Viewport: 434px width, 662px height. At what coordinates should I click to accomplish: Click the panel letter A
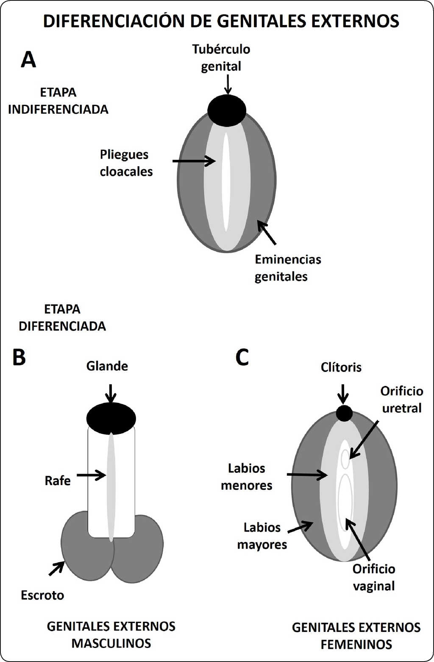[x=28, y=60]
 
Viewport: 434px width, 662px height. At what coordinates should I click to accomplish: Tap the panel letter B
[x=19, y=357]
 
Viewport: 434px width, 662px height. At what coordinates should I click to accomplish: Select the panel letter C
[x=242, y=357]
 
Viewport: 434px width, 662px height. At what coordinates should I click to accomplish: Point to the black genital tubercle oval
[x=227, y=110]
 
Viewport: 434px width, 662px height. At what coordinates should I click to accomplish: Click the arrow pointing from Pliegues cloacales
[x=194, y=161]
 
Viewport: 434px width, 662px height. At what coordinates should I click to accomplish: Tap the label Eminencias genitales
[x=287, y=268]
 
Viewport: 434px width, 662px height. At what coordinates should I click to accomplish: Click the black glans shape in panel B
[x=111, y=418]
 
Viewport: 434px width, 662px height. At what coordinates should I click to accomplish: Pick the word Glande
[x=107, y=366]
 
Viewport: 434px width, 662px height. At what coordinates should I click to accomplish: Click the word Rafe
[x=58, y=481]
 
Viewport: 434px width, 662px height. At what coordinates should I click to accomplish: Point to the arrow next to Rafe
[x=91, y=475]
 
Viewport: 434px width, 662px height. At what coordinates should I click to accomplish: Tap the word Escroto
[x=42, y=595]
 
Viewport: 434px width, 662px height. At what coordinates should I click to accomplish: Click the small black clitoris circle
[x=344, y=413]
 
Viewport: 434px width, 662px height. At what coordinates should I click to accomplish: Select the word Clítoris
[x=341, y=367]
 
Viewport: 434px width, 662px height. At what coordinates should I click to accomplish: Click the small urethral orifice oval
[x=346, y=458]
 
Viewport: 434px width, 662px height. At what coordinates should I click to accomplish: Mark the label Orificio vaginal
[x=374, y=578]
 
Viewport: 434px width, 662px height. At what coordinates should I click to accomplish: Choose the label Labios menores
[x=247, y=477]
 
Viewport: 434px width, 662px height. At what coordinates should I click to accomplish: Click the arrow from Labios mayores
[x=300, y=527]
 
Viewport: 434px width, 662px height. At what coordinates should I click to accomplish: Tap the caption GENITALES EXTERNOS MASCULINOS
[x=111, y=635]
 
